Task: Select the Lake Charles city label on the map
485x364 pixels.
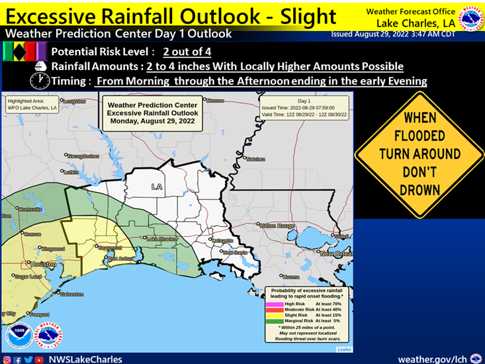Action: point(161,238)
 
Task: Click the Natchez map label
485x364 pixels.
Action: point(255,159)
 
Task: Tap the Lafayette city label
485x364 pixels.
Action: point(223,240)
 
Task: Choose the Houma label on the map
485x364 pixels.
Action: point(291,277)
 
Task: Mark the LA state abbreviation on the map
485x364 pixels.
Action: point(157,186)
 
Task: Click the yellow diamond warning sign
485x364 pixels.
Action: point(419,154)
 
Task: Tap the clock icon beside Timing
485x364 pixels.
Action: point(39,81)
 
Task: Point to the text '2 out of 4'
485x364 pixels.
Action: point(188,51)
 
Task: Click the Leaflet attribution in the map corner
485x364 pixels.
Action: point(344,349)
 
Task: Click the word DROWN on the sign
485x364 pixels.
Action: point(419,190)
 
